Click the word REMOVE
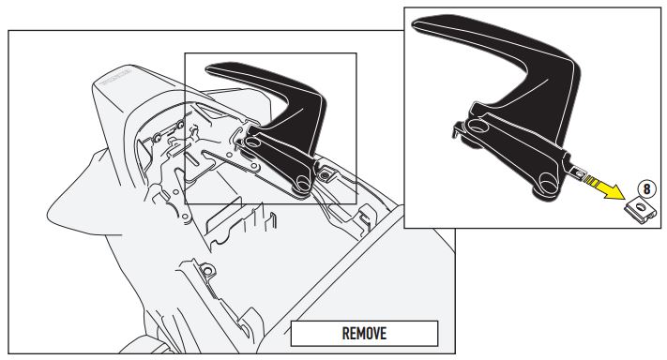point(364,333)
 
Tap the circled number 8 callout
point(646,188)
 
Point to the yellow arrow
point(605,186)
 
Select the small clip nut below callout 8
point(640,210)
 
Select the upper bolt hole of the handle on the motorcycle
point(250,142)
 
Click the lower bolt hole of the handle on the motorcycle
point(303,183)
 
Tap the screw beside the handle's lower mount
point(325,174)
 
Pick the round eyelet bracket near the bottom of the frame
point(207,270)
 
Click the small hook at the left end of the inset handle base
point(456,129)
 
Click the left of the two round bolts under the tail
point(158,137)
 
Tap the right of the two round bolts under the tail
point(180,125)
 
